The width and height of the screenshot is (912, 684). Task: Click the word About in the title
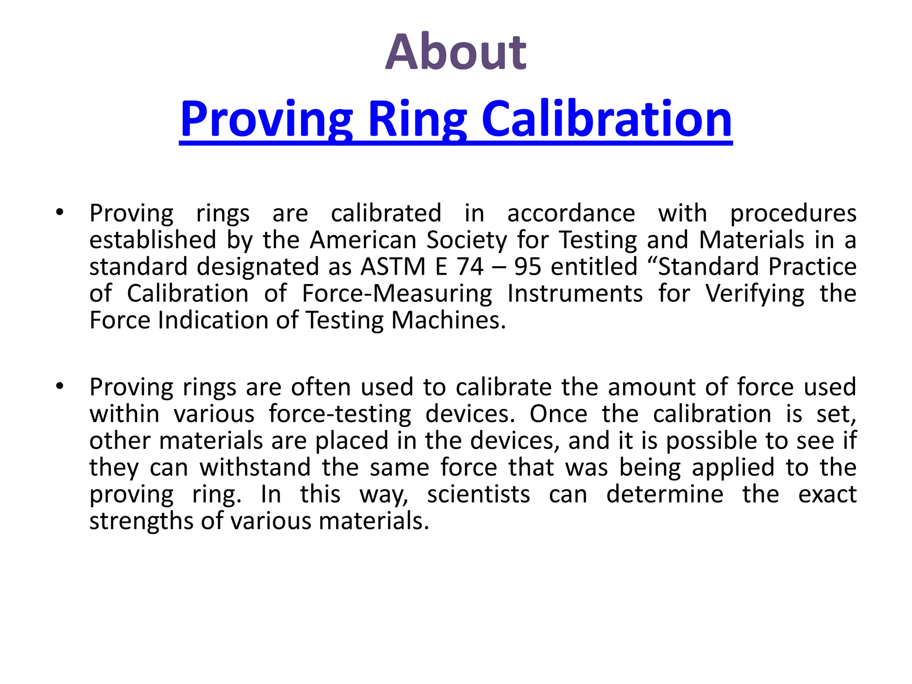click(x=456, y=53)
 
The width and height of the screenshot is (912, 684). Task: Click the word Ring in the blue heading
click(x=417, y=119)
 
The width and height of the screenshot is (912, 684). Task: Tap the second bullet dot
click(x=60, y=386)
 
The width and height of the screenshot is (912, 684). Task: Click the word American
click(x=363, y=240)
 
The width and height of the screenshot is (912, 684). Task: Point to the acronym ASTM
click(x=393, y=267)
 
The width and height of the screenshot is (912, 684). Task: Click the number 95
click(x=527, y=267)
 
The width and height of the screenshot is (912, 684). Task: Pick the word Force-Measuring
click(x=397, y=293)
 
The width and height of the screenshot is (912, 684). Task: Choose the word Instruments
click(x=575, y=293)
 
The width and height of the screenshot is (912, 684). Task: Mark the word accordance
click(x=571, y=213)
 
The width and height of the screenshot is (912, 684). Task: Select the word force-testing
click(x=340, y=414)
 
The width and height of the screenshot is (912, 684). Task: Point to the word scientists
click(x=479, y=494)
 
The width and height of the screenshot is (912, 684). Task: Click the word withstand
click(x=255, y=468)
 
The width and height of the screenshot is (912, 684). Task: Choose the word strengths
click(x=141, y=521)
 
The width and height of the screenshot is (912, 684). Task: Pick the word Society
click(x=467, y=240)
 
